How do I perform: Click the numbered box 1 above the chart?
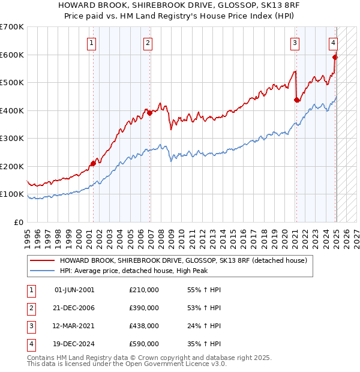pyautogui.click(x=91, y=43)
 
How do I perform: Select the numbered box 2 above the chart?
pyautogui.click(x=148, y=43)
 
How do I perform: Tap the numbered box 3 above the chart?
pyautogui.click(x=295, y=43)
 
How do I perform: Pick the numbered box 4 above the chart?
pyautogui.click(x=333, y=43)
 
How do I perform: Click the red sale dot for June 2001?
pyautogui.click(x=93, y=163)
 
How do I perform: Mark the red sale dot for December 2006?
pyautogui.click(x=149, y=113)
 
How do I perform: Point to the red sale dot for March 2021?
pyautogui.click(x=296, y=100)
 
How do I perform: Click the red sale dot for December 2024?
pyautogui.click(x=335, y=57)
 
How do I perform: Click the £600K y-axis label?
pyautogui.click(x=12, y=55)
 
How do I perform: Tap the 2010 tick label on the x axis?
pyautogui.click(x=178, y=234)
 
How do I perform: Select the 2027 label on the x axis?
pyautogui.click(x=356, y=234)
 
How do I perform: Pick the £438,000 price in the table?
pyautogui.click(x=143, y=326)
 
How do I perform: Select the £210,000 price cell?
pyautogui.click(x=143, y=290)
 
